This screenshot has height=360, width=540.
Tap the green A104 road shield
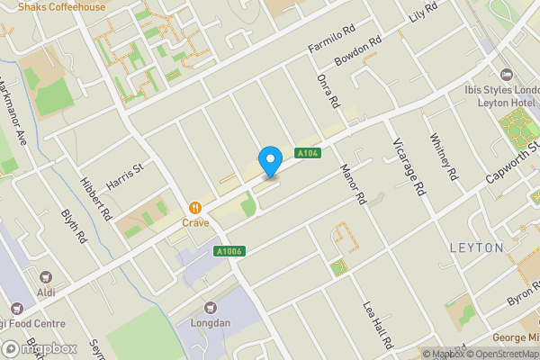pyautogui.click(x=308, y=154)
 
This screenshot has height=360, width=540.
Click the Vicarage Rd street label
pyautogui.click(x=408, y=168)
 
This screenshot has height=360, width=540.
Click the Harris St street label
pyautogui.click(x=124, y=169)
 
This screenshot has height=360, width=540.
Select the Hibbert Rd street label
pyautogui.click(x=94, y=202)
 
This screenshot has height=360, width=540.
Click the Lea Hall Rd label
pyautogui.click(x=378, y=325)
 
